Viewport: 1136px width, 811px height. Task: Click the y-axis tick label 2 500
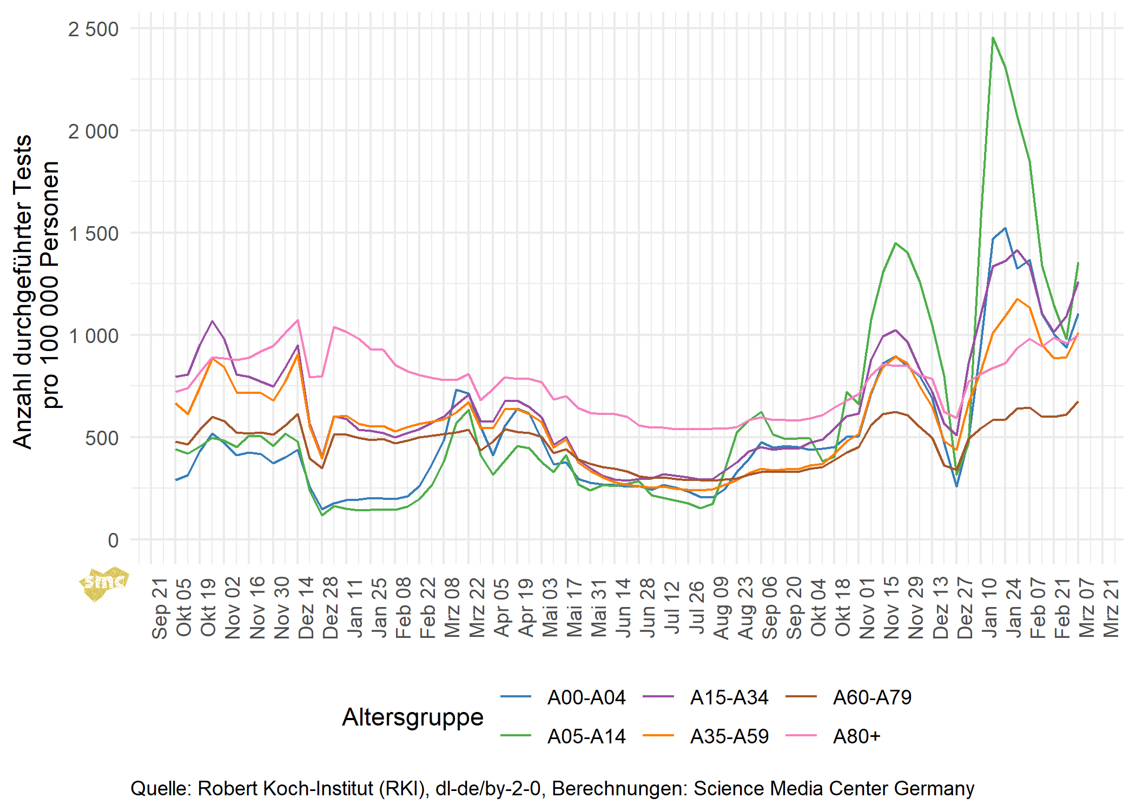93,29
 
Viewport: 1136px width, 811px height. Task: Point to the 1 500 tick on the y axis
93,234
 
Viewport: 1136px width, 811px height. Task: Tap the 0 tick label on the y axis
113,540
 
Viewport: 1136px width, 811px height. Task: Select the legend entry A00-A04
586,697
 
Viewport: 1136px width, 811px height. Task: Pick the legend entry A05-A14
586,736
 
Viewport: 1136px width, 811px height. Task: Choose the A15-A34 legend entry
729,697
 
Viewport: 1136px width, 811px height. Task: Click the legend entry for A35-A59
729,736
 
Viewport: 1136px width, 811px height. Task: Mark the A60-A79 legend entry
872,697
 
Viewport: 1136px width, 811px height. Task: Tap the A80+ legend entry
857,736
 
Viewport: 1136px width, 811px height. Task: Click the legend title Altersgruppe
413,717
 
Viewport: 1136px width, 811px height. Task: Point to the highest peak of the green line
993,37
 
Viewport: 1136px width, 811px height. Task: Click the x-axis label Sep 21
160,609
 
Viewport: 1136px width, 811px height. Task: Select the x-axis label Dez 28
331,608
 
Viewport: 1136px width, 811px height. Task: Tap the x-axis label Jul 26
697,608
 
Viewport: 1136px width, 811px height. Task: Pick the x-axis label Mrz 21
1112,608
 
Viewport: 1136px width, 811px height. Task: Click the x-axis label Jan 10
989,608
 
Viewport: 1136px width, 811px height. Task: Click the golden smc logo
104,583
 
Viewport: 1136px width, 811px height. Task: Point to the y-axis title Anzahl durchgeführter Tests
23,292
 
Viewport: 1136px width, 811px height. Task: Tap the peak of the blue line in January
1005,228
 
